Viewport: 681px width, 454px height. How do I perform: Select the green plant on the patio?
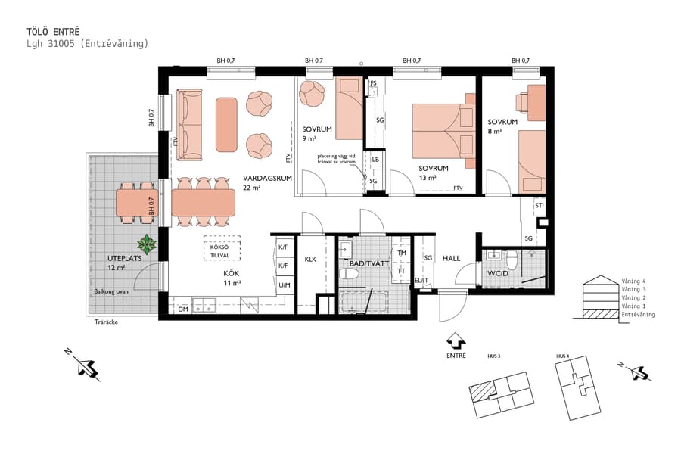[x=146, y=244]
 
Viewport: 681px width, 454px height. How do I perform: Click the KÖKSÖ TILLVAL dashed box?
[x=222, y=248]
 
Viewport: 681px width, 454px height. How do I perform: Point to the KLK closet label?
[x=310, y=260]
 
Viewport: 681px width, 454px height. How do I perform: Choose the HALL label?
[x=451, y=258]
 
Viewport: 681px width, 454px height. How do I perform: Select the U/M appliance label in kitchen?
[x=284, y=285]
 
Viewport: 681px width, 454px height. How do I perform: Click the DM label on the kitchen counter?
[x=182, y=309]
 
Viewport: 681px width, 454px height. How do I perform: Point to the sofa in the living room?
[x=190, y=125]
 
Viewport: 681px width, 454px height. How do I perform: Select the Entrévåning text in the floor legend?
[x=637, y=314]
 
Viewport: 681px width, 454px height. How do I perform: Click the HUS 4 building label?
[x=562, y=356]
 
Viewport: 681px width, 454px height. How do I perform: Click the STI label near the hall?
[x=540, y=205]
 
